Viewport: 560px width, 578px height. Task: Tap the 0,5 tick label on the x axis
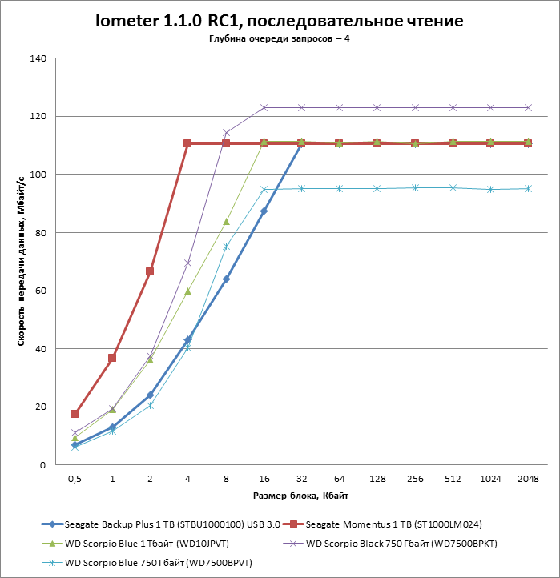pyautogui.click(x=75, y=478)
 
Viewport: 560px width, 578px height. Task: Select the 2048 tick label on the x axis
pyautogui.click(x=528, y=478)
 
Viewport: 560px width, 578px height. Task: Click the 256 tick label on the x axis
pyautogui.click(x=414, y=478)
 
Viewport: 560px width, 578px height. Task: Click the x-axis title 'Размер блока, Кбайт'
pyautogui.click(x=301, y=496)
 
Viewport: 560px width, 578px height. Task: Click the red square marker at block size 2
pyautogui.click(x=150, y=271)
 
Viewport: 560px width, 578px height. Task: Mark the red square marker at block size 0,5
pyautogui.click(x=75, y=414)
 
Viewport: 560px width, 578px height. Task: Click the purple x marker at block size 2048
pyautogui.click(x=528, y=107)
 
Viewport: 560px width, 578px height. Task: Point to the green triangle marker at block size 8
pyautogui.click(x=226, y=222)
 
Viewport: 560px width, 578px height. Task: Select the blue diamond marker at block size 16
pyautogui.click(x=264, y=211)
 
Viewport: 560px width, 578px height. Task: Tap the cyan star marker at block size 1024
pyautogui.click(x=490, y=190)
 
